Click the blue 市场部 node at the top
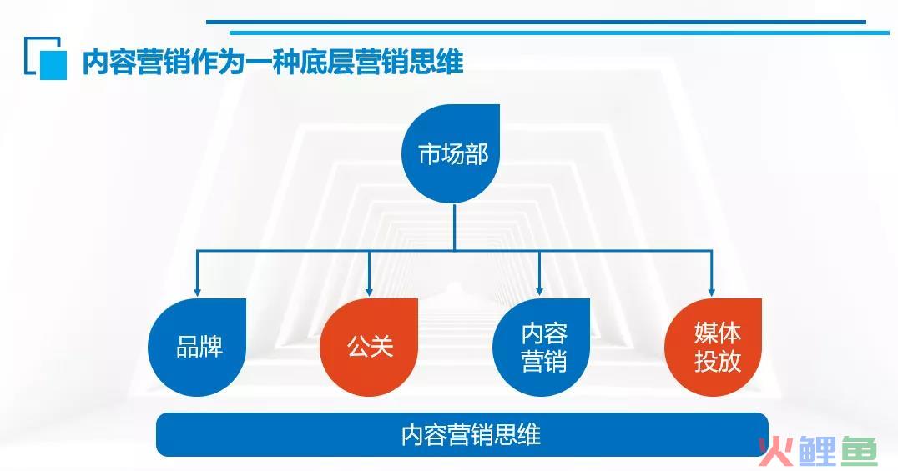tap(451, 153)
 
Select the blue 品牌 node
tap(197, 347)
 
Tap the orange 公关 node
tap(369, 347)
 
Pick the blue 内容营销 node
tap(541, 347)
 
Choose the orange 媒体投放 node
tap(713, 347)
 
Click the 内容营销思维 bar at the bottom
tap(462, 435)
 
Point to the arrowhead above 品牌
tap(197, 292)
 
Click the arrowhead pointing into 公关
tap(369, 292)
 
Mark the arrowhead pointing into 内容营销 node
tap(539, 292)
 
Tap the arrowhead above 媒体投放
tap(711, 292)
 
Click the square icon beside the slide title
tap(46, 58)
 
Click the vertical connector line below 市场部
tap(454, 227)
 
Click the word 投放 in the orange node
tap(718, 362)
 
